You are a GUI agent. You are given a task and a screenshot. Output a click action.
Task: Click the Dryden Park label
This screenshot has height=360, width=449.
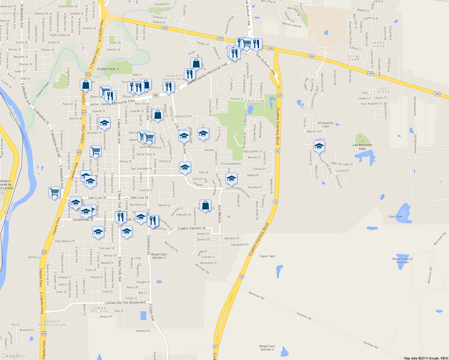pos(106,69)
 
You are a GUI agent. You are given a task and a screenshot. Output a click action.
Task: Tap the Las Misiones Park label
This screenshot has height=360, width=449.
pos(362,147)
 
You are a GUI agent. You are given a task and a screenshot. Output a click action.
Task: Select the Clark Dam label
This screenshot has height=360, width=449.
pos(395,217)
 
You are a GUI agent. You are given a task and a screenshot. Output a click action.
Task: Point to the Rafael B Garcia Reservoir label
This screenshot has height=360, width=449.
pos(402,260)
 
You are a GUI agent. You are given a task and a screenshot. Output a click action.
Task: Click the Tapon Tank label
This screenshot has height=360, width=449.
pos(267,256)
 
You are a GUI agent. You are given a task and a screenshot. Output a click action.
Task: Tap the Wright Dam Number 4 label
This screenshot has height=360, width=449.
pos(267,348)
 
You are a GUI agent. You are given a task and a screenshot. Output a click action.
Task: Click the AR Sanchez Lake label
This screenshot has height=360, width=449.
pos(325,124)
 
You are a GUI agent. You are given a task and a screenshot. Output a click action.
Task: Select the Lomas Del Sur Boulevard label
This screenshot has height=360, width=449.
pos(125,303)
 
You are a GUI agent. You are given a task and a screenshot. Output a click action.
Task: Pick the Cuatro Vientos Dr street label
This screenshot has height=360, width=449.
pos(191,228)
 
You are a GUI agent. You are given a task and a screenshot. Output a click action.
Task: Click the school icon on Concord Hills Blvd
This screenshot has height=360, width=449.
pos(319,146)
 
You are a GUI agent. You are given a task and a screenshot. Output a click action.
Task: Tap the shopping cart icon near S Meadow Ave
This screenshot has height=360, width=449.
pos(54,192)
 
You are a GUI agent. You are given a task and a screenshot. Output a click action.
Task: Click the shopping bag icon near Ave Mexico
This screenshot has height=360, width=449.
pos(205,205)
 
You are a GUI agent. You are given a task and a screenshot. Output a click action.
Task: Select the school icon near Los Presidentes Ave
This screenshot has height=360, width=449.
pos(231,178)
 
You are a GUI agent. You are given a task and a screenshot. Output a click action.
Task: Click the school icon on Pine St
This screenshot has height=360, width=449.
pos(185,167)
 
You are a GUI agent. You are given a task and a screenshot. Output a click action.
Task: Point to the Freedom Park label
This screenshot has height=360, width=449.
pos(255,103)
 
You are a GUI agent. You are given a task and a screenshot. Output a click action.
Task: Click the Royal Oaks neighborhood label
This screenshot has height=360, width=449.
pos(354,58)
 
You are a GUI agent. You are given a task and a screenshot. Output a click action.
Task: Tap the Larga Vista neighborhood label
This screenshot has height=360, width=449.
pos(378,44)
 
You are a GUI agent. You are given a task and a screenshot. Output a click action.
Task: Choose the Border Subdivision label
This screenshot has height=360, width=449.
pos(52,323)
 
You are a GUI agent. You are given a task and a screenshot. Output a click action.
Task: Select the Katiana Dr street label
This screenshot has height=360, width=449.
pos(143,331)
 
